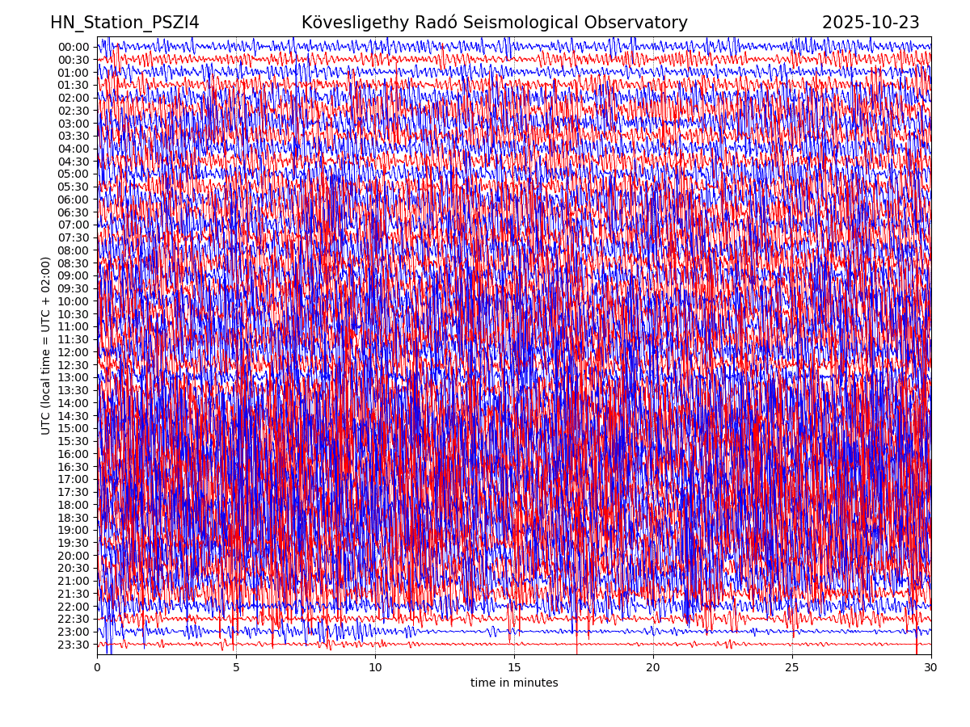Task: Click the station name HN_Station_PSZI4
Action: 124,23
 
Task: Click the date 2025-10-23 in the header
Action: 871,23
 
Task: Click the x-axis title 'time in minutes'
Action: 514,683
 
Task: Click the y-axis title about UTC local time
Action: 46,346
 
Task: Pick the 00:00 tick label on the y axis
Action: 74,47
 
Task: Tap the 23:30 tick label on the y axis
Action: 74,645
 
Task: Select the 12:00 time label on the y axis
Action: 74,352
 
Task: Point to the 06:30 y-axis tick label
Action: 74,212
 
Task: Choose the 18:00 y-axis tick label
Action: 74,505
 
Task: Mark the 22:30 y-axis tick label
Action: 74,619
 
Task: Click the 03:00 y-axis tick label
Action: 74,124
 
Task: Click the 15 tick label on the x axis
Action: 514,668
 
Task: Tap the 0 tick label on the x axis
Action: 97,668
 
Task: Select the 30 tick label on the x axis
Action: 931,668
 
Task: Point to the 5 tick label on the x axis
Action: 236,668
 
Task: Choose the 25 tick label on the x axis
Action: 792,668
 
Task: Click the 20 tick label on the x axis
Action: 653,668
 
